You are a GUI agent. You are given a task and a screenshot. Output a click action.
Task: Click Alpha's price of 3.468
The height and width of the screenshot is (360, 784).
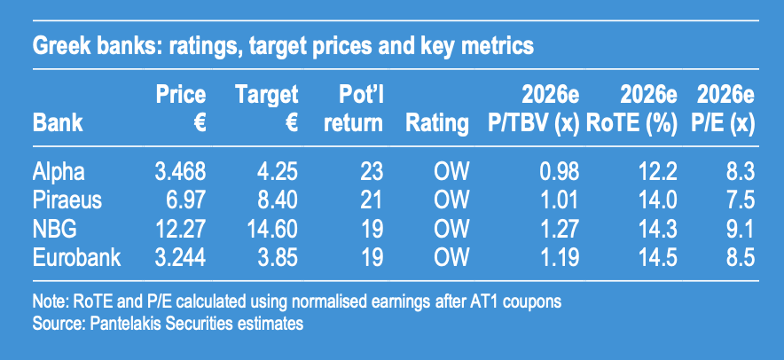tap(180, 171)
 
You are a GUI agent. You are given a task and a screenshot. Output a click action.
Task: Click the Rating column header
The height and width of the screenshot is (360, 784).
tap(437, 123)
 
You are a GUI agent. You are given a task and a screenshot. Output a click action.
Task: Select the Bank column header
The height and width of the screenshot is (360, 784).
tap(58, 123)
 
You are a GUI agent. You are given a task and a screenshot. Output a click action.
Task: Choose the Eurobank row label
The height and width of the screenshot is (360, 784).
tap(76, 258)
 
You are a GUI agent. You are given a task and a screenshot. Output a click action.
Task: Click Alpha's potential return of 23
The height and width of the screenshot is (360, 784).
tap(371, 171)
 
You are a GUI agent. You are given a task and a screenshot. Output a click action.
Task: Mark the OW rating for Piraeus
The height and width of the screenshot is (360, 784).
tap(451, 200)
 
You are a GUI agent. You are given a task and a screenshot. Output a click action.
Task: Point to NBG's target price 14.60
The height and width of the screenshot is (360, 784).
tap(272, 230)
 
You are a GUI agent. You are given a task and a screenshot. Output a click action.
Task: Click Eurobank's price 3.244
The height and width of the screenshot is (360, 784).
tap(180, 258)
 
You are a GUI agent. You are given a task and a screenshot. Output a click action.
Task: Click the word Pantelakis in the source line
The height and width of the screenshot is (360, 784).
tap(127, 323)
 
